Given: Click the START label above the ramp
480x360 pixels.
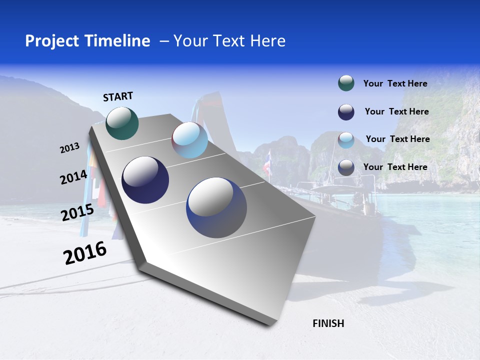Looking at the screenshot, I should (118, 96).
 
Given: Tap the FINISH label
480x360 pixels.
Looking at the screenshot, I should (328, 323).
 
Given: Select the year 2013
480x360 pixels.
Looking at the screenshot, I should (69, 148).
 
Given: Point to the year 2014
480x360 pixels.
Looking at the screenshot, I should (73, 177).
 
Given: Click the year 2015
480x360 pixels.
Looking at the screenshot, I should (77, 212).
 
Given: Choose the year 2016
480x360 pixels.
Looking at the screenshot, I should (85, 253).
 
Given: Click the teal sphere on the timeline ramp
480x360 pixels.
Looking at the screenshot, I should (122, 123).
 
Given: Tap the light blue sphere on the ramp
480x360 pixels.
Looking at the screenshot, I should (189, 140).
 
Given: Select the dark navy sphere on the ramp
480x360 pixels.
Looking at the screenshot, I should (145, 180).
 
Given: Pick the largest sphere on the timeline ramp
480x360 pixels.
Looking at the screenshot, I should (216, 207).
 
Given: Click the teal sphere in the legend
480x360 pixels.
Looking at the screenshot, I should (346, 83).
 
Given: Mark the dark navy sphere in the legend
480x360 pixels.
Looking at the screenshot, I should (346, 112).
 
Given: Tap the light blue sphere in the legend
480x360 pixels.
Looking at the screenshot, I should (346, 140).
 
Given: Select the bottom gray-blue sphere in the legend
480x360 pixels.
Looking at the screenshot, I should (346, 167).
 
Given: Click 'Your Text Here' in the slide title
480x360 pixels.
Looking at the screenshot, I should (229, 41).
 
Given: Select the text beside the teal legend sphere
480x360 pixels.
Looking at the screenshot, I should (395, 83).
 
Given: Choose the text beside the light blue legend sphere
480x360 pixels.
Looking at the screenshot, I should (397, 139).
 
